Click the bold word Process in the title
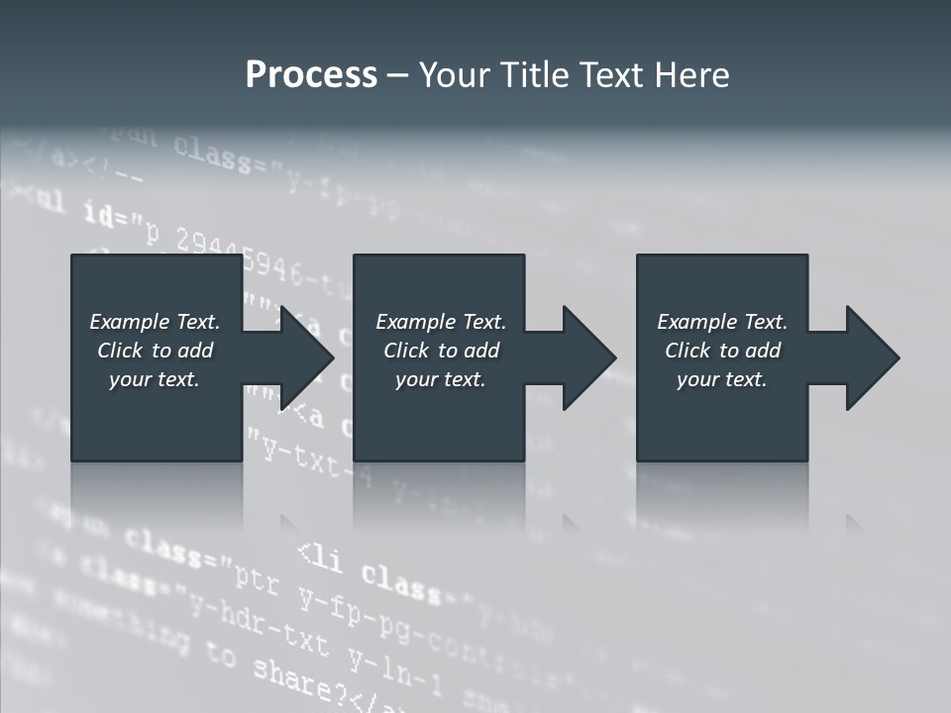(x=311, y=75)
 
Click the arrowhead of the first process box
(x=306, y=358)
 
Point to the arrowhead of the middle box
(x=588, y=358)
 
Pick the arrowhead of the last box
(x=872, y=358)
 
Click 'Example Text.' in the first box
(x=155, y=322)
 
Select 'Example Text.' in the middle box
(x=441, y=322)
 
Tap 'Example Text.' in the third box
(x=722, y=322)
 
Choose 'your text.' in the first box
(x=155, y=379)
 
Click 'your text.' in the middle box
(x=441, y=379)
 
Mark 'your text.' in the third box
(x=722, y=379)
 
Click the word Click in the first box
(x=121, y=351)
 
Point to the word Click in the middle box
(x=407, y=351)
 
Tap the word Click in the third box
(x=688, y=351)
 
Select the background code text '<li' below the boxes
(x=320, y=557)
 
